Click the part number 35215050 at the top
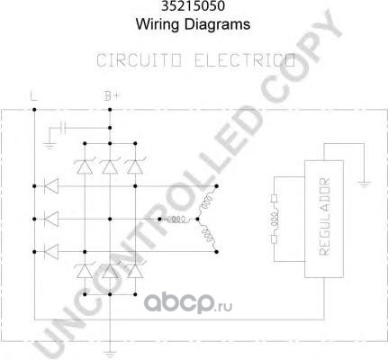click(193, 6)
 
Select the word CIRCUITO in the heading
click(139, 60)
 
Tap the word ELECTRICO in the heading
click(245, 60)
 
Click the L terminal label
click(33, 96)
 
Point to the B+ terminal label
click(112, 96)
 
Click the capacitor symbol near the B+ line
click(63, 128)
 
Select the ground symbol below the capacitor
click(50, 146)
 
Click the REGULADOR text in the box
click(324, 217)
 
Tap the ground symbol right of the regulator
click(364, 184)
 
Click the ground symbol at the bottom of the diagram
click(110, 355)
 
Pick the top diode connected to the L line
click(51, 186)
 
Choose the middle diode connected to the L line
click(51, 219)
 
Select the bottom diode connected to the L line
click(51, 252)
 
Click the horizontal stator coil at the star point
click(178, 220)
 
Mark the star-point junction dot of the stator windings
click(197, 220)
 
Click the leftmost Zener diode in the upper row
click(85, 166)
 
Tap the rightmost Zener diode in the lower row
click(135, 271)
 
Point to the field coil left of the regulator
click(275, 219)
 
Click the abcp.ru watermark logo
click(188, 303)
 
